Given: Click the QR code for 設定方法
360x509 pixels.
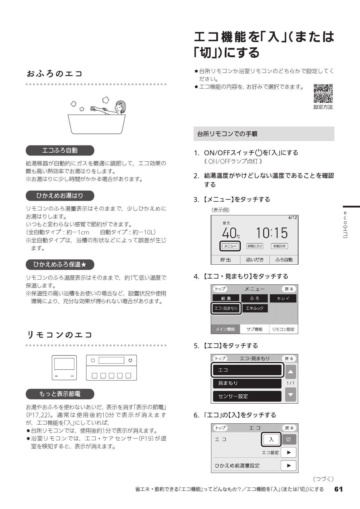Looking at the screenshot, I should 323,93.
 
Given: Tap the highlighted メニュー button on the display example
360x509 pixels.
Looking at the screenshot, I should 230,246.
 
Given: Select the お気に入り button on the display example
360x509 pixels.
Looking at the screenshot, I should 255,246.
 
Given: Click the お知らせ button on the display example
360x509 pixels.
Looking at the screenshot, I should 279,246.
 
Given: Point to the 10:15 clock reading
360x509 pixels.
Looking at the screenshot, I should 272,233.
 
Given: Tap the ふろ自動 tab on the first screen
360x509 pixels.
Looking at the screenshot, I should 284,260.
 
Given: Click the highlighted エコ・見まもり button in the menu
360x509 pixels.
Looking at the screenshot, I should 226,308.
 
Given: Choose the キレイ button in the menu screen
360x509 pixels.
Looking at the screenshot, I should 283,298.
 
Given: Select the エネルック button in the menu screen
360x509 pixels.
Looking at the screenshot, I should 255,308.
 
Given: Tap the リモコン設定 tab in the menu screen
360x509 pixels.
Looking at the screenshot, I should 283,329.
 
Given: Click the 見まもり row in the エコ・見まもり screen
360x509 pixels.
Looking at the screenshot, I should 247,383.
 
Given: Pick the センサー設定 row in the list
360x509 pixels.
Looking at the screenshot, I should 247,396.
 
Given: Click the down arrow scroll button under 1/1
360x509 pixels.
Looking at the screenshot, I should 291,395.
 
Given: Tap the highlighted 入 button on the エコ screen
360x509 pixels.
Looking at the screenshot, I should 271,439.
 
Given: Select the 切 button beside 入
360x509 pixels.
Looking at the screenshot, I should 288,439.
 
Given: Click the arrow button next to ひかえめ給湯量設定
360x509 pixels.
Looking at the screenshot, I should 288,465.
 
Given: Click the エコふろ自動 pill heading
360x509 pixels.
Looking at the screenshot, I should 60,150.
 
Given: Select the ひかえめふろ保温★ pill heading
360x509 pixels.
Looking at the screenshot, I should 60,264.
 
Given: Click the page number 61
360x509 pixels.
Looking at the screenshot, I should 339,489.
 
